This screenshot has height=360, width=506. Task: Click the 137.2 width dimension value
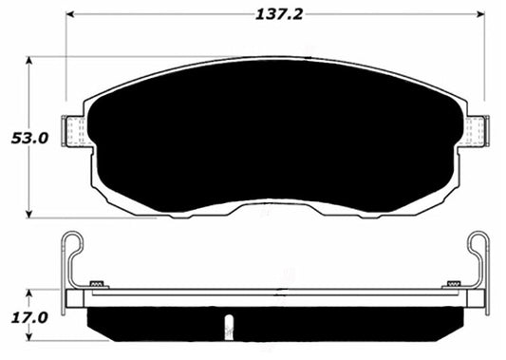point(274,15)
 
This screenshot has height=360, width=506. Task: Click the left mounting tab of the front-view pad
point(72,129)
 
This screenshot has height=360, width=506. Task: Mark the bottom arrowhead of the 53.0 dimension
point(31,212)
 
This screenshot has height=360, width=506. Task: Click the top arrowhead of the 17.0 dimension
point(31,294)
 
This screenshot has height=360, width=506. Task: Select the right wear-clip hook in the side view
point(479,249)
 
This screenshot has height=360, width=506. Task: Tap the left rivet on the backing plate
point(95,283)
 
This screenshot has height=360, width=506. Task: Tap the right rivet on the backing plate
point(454,283)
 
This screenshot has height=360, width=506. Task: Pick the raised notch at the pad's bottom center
point(274,203)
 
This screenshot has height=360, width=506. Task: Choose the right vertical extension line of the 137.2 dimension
point(484,57)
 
